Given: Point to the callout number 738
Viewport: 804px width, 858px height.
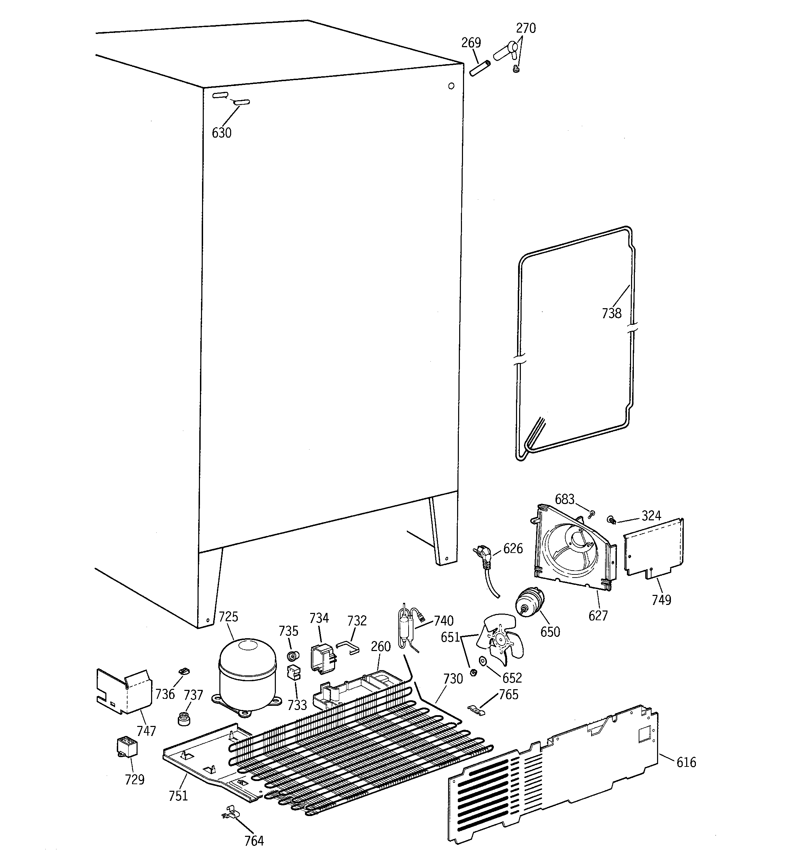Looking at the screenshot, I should (x=612, y=313).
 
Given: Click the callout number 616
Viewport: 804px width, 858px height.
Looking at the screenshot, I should (x=686, y=763).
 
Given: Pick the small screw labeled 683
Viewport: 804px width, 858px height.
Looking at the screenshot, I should (x=592, y=514).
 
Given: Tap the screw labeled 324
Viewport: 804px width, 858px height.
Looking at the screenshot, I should (x=611, y=520).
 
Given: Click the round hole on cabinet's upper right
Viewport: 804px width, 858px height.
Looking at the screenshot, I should (x=452, y=86).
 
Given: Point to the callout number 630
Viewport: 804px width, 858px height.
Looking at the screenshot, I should (x=221, y=133).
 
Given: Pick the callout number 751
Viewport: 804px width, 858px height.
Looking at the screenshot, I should (x=178, y=795).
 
